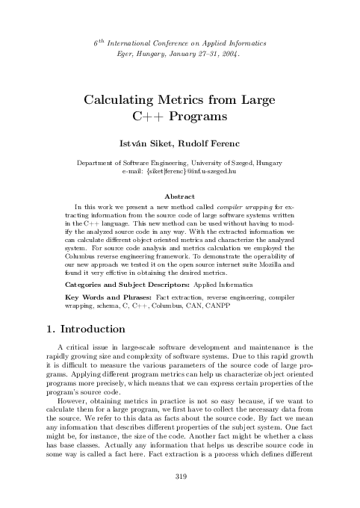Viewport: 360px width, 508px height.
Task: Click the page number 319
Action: point(179,477)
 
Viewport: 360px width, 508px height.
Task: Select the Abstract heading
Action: point(179,196)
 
